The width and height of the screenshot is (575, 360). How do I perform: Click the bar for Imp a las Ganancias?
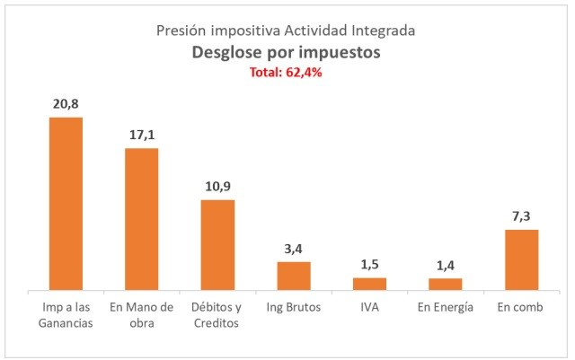66,204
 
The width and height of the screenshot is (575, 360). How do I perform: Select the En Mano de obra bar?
141,219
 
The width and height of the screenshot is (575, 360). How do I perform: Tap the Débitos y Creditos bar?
217,245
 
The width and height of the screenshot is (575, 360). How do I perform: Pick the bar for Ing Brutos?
293,276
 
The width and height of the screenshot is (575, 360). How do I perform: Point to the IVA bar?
369,284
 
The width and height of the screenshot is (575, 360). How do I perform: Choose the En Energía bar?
445,285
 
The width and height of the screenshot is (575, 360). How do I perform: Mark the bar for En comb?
521,259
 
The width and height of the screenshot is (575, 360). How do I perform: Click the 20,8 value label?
66,103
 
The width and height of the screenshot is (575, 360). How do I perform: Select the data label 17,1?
141,134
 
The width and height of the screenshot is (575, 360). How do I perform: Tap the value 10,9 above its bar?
217,185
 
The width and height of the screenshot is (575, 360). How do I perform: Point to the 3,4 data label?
293,247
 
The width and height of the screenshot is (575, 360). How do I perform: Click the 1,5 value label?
369,263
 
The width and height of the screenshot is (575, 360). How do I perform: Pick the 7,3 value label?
521,215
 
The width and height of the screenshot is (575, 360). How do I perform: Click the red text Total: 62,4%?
287,74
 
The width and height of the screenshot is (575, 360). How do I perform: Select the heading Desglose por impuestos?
287,53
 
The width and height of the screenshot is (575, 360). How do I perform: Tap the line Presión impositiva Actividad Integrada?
287,31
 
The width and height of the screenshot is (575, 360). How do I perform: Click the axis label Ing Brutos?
293,308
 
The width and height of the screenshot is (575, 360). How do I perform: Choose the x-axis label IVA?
369,308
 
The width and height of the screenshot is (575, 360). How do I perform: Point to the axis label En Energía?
445,308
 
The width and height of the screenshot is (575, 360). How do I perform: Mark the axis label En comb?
521,308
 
